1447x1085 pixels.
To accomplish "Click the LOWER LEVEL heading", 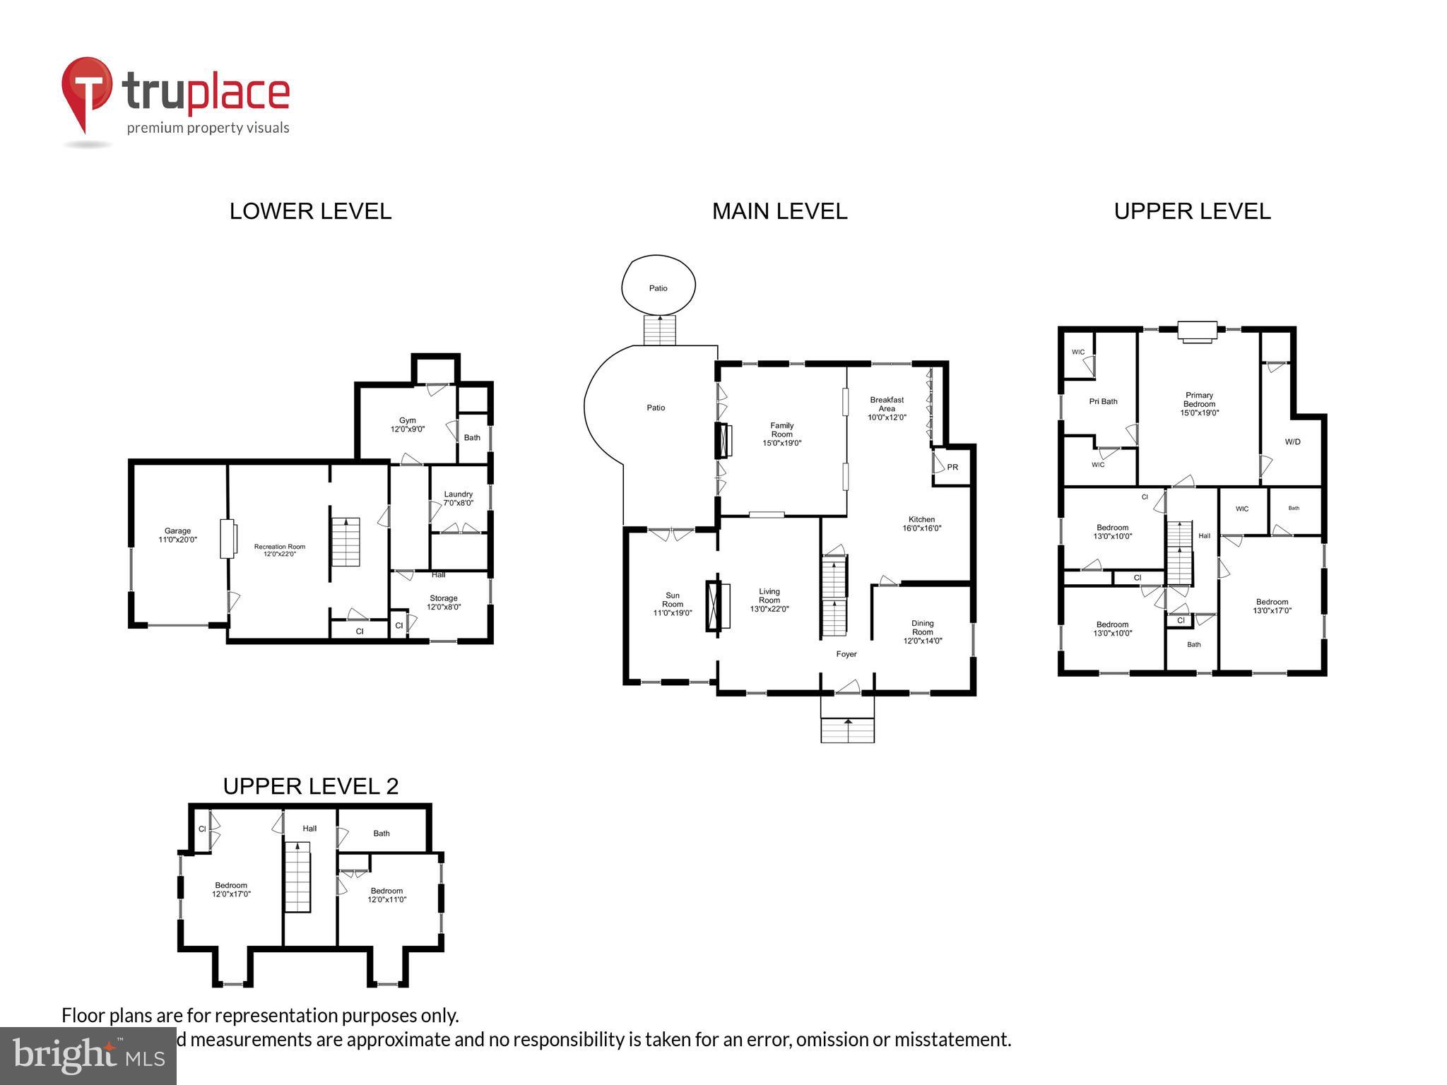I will coord(310,211).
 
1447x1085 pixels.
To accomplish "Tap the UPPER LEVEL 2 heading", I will coord(310,786).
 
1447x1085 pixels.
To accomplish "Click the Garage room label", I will coord(177,535).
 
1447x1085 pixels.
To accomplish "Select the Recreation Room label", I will coord(280,550).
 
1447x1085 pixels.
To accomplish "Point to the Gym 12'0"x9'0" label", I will coord(408,425).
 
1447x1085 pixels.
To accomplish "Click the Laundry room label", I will coord(458,499).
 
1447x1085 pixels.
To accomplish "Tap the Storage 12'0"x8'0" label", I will coord(444,602).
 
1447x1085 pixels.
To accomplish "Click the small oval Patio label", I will coord(658,288).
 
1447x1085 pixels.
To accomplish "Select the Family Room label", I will coord(781,434).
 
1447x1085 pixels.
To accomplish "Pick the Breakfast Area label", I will coord(887,408).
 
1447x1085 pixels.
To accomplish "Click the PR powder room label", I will coord(952,468).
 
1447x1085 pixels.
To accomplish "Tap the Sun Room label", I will coord(673,604).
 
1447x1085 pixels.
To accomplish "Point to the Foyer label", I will coord(846,654).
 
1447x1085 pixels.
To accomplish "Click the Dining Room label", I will coord(923,632).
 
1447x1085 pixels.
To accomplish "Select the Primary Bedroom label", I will coord(1199,404).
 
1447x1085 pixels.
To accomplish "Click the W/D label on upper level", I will coord(1292,442).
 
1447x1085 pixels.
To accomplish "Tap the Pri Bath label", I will coord(1103,401).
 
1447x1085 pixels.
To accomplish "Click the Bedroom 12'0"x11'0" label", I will coord(386,895).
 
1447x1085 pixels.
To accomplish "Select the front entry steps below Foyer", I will coord(847,729).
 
